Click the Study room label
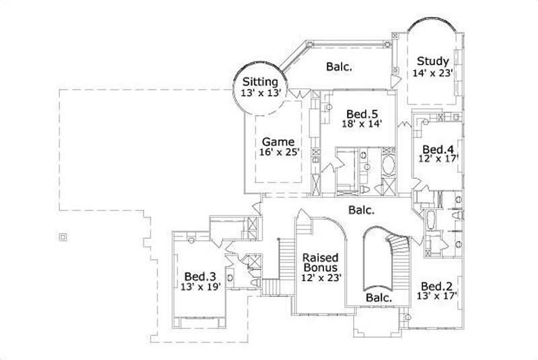pyautogui.click(x=432, y=61)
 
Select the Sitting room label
pyautogui.click(x=260, y=82)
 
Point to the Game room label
pyautogui.click(x=278, y=142)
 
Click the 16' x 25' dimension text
pyautogui.click(x=278, y=153)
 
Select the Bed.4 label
pyautogui.click(x=436, y=149)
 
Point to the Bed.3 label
pyautogui.click(x=200, y=276)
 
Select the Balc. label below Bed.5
pyautogui.click(x=361, y=210)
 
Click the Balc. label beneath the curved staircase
pyautogui.click(x=378, y=297)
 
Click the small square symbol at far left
pyautogui.click(x=63, y=236)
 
